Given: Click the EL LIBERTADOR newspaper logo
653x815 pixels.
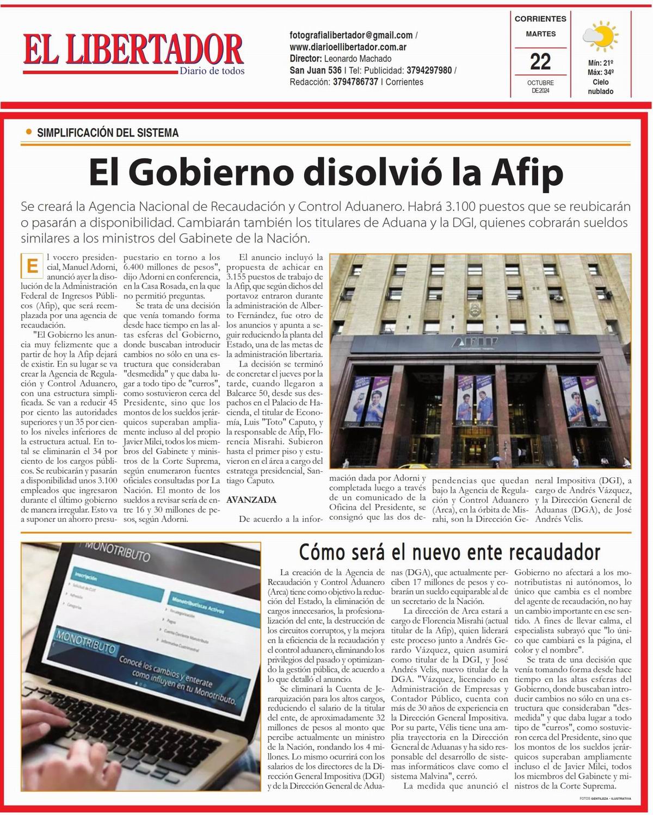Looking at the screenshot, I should coord(133,50).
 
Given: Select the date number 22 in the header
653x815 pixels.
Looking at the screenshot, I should coord(540,61).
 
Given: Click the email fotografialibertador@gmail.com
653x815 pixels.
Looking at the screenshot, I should coord(351,35).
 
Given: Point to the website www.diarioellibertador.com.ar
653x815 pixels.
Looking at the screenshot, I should coord(348,47).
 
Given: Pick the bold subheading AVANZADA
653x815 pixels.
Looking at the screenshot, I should coord(251,500).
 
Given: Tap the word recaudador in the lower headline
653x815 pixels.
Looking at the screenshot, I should coord(555,552).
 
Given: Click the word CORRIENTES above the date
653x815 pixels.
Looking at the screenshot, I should coord(540,18).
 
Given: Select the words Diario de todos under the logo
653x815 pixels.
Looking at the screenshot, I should coord(212,71).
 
